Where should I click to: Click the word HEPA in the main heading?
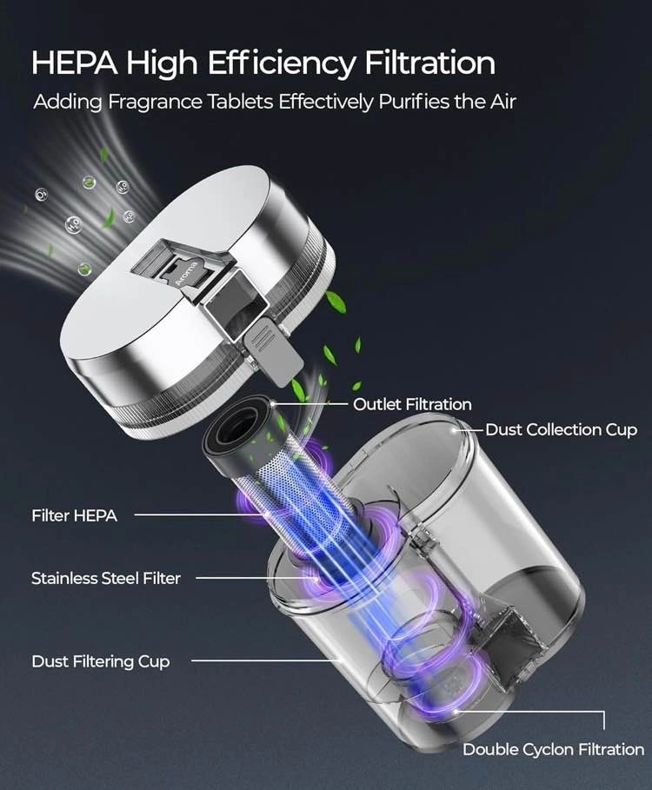pos(75,63)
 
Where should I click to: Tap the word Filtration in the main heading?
pos(429,63)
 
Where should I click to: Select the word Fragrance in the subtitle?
pos(156,103)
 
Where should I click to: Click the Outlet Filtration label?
pos(412,404)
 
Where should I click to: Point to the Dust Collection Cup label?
pos(562,430)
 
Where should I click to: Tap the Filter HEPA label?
pos(75,515)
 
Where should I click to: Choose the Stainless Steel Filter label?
pos(106,578)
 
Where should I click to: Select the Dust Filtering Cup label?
pos(100,661)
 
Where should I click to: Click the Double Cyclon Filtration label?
pos(553,749)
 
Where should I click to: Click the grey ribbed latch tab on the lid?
pos(272,352)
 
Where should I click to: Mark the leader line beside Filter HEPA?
pos(200,514)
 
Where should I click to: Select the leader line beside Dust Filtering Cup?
pos(267,661)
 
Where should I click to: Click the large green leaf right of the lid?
pos(335,302)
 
